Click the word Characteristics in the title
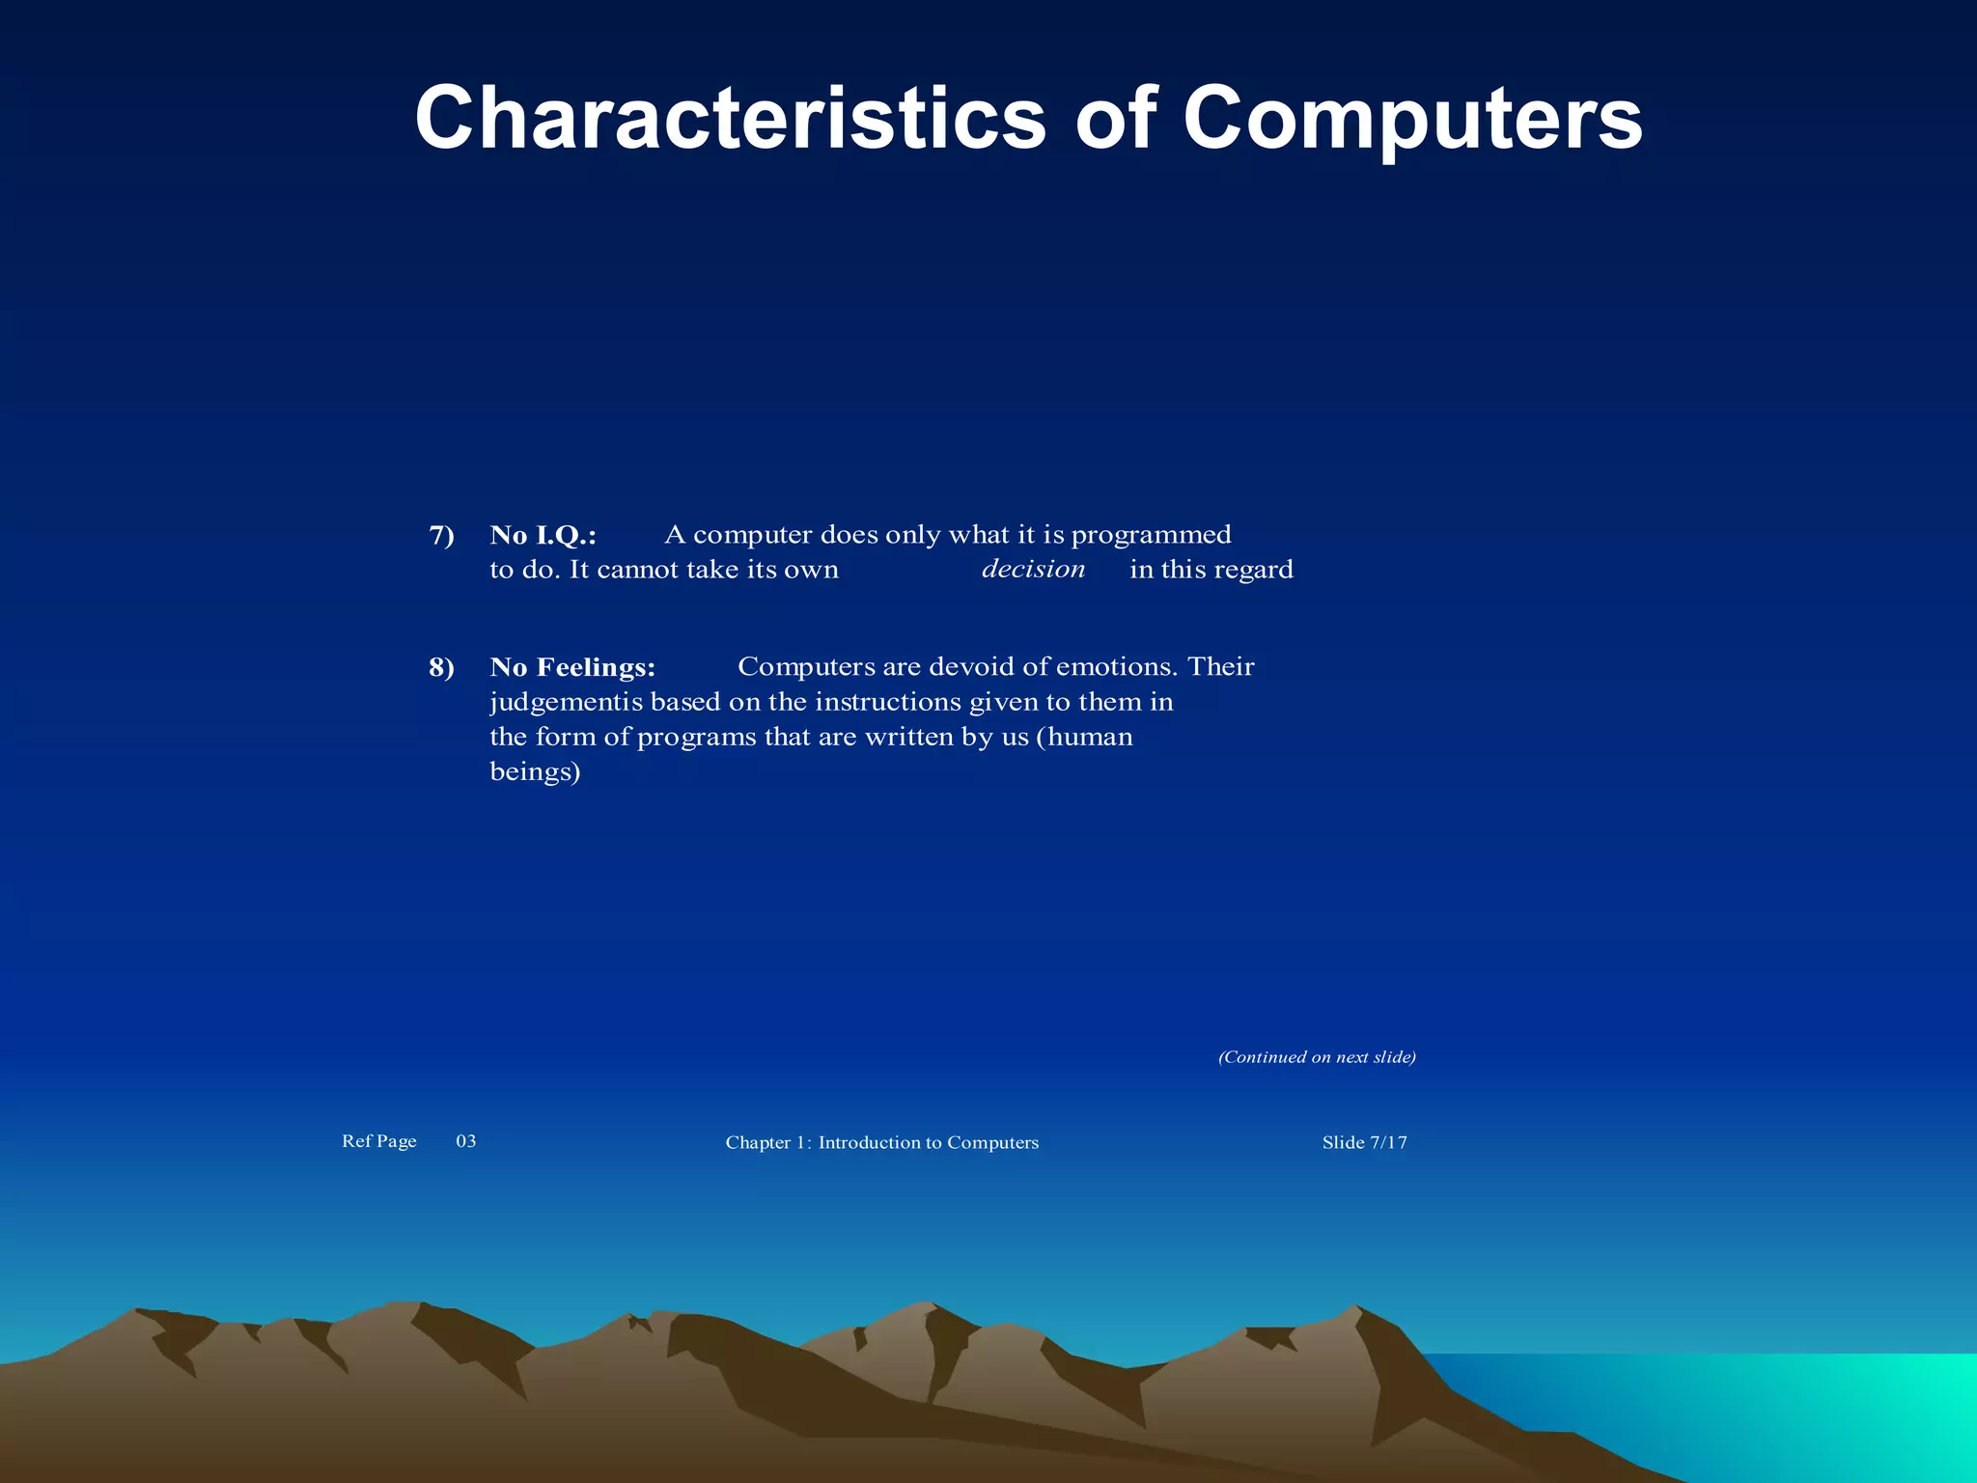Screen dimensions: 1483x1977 pos(730,118)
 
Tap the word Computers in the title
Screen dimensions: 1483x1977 pos(1412,118)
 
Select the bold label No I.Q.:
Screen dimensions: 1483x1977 pos(543,535)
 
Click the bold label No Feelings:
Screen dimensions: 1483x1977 pos(572,667)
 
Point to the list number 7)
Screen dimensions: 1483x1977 pos(441,535)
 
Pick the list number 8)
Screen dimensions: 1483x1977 pos(441,667)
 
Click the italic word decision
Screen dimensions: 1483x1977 pos(1033,569)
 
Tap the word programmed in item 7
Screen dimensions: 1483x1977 pos(1151,535)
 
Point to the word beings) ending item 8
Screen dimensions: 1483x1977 pos(535,771)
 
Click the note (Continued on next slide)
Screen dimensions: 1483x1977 pos(1317,1057)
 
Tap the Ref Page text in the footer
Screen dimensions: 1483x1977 pos(378,1141)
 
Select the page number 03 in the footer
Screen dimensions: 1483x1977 pos(466,1141)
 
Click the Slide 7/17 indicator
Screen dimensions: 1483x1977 pos(1364,1142)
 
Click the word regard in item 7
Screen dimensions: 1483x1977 pos(1253,570)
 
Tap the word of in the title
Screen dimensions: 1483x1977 pos(1115,118)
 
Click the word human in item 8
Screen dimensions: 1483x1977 pos(1090,737)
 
